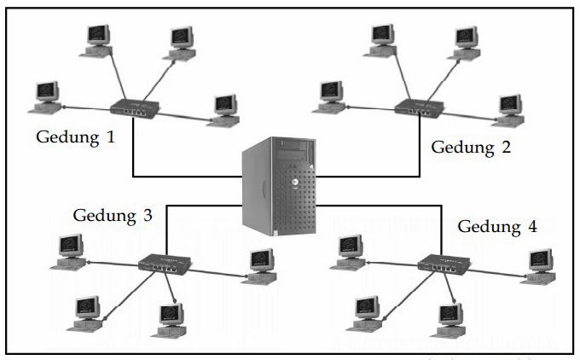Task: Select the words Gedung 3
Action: click(x=113, y=215)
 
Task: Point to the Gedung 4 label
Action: click(x=498, y=227)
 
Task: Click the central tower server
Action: click(x=279, y=187)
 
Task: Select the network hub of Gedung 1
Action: click(x=135, y=109)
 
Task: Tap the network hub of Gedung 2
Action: click(x=418, y=108)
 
